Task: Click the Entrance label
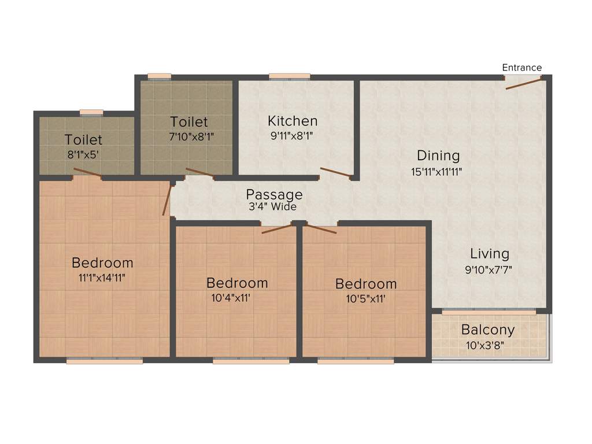tap(521, 68)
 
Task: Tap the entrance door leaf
tap(525, 84)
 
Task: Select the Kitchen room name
tap(293, 121)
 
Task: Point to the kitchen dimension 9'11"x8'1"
tap(293, 138)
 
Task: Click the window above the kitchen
tap(289, 76)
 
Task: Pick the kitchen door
tap(336, 172)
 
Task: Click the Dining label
tap(438, 156)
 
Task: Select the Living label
tap(489, 253)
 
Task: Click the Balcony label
tap(488, 330)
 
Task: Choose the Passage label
tap(274, 194)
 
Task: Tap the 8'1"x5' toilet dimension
tap(84, 155)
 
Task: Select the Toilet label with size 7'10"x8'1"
tap(188, 122)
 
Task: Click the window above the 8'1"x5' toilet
tap(91, 112)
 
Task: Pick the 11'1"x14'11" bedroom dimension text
tap(102, 277)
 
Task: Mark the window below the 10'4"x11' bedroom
tap(250, 361)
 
